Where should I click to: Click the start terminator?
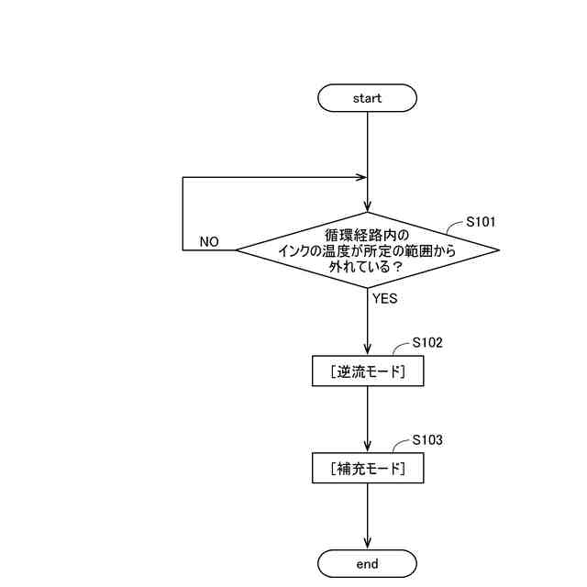click(x=367, y=97)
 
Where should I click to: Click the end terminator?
click(x=367, y=563)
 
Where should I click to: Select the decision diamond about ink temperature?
click(x=367, y=249)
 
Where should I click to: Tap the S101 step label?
click(x=482, y=222)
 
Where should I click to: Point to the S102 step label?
click(x=427, y=342)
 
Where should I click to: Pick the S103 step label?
click(x=427, y=440)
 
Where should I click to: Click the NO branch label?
click(x=209, y=242)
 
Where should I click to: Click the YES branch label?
click(x=385, y=298)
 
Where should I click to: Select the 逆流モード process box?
click(x=367, y=371)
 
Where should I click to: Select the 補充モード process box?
click(x=367, y=469)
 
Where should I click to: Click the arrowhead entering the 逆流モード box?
click(x=367, y=350)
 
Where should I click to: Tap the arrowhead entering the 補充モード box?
click(x=367, y=448)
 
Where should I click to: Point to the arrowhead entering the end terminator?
click(x=367, y=544)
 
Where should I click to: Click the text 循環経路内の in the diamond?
click(x=367, y=235)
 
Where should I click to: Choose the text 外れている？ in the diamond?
click(x=367, y=266)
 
